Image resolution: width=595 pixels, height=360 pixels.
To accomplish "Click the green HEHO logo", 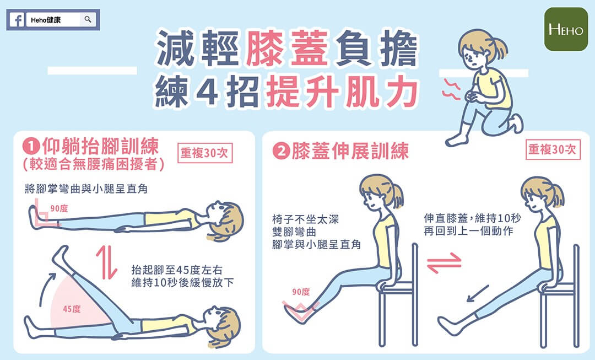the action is [x=566, y=29].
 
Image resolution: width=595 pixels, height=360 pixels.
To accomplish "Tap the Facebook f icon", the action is [x=17, y=20].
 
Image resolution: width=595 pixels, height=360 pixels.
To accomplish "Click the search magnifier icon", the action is [x=88, y=19].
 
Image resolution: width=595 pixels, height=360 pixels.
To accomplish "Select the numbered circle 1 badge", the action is [x=31, y=147].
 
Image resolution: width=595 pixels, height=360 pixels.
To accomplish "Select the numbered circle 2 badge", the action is [x=281, y=152].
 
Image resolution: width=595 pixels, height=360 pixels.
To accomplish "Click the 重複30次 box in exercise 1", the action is [x=205, y=153].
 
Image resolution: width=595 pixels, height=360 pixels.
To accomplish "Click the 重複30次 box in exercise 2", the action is [x=553, y=149].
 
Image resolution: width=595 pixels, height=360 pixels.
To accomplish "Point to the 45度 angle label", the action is [x=72, y=309].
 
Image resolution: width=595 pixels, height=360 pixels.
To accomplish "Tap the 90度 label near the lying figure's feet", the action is [x=59, y=208].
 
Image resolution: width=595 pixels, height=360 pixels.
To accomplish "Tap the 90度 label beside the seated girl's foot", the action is [x=301, y=292].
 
